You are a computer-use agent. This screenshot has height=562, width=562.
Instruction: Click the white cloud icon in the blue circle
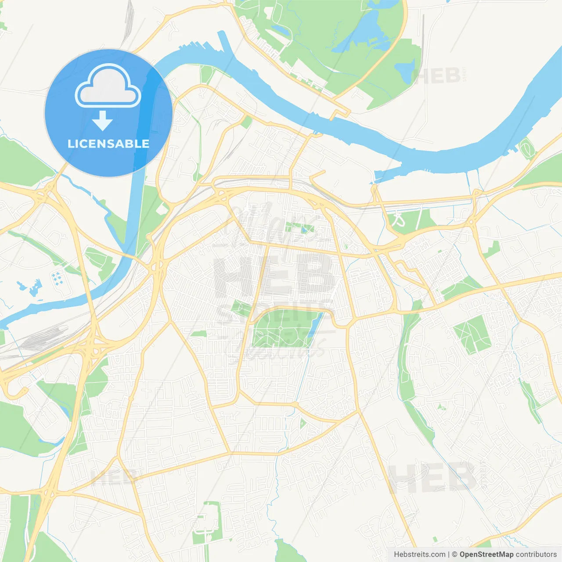point(108,86)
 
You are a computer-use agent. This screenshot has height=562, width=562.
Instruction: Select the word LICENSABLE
point(108,144)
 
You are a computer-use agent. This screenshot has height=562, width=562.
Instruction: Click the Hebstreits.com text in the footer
point(419,555)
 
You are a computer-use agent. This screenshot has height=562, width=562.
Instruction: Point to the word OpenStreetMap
point(486,555)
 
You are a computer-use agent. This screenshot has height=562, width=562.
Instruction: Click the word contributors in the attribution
point(536,555)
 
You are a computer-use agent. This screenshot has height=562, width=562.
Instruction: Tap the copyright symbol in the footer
point(454,555)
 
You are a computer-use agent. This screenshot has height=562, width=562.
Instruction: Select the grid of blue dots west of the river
point(57,278)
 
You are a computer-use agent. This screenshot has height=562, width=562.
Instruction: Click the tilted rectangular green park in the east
point(472,335)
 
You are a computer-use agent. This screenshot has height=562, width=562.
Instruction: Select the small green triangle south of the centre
point(303,424)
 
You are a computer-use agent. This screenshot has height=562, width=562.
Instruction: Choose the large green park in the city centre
point(281,329)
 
